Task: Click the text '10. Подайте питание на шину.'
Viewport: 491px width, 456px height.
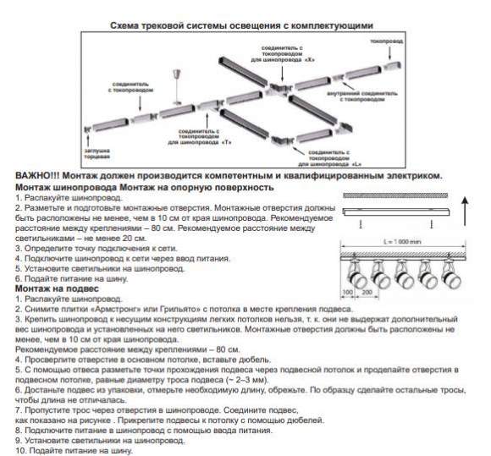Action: click(x=73, y=448)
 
